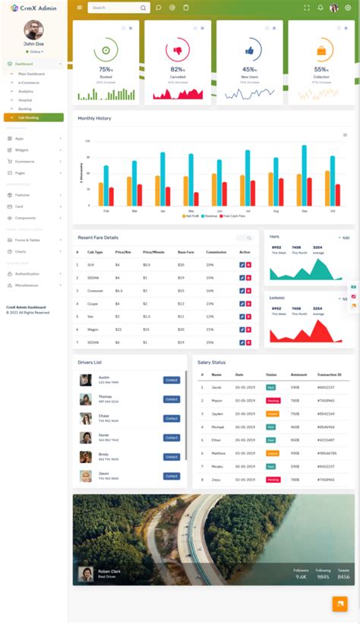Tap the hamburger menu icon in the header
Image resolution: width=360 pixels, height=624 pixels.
(x=78, y=8)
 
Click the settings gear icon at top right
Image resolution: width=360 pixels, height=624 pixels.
(x=348, y=8)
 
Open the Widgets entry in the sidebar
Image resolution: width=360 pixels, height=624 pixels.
(x=22, y=150)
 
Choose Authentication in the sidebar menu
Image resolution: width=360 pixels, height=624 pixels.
(x=27, y=273)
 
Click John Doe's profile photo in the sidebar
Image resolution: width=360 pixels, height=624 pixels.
(x=33, y=30)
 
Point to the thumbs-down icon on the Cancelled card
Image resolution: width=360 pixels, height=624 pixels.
(x=178, y=50)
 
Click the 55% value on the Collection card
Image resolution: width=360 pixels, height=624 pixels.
(x=321, y=69)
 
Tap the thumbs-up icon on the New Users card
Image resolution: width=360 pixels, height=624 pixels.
(x=249, y=50)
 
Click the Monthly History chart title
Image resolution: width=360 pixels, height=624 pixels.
(x=94, y=118)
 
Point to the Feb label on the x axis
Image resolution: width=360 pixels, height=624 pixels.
(x=106, y=210)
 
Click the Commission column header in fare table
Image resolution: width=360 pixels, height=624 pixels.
(x=216, y=251)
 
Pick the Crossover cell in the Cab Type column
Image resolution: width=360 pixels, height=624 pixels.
(x=96, y=290)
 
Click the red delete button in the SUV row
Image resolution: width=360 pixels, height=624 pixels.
(x=248, y=264)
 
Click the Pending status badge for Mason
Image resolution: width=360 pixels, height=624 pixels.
(x=273, y=400)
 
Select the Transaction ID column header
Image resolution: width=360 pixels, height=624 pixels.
(x=329, y=374)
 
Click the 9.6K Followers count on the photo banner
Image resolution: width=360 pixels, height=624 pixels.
(x=301, y=577)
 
